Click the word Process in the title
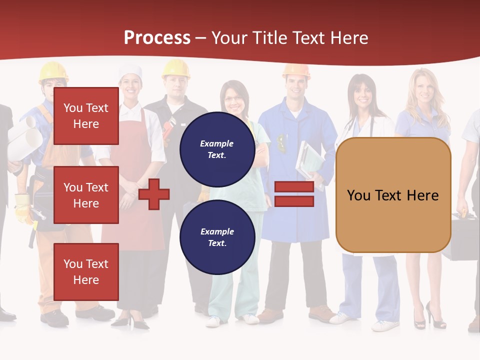coord(157,38)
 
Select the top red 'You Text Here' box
coord(86,116)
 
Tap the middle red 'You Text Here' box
coord(86,195)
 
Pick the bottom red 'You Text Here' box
coord(86,272)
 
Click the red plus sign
coord(154,194)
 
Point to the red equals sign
coord(294,194)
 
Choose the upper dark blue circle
coord(217,149)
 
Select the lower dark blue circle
coord(217,237)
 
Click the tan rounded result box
coord(393,195)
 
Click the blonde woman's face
coord(423,90)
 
